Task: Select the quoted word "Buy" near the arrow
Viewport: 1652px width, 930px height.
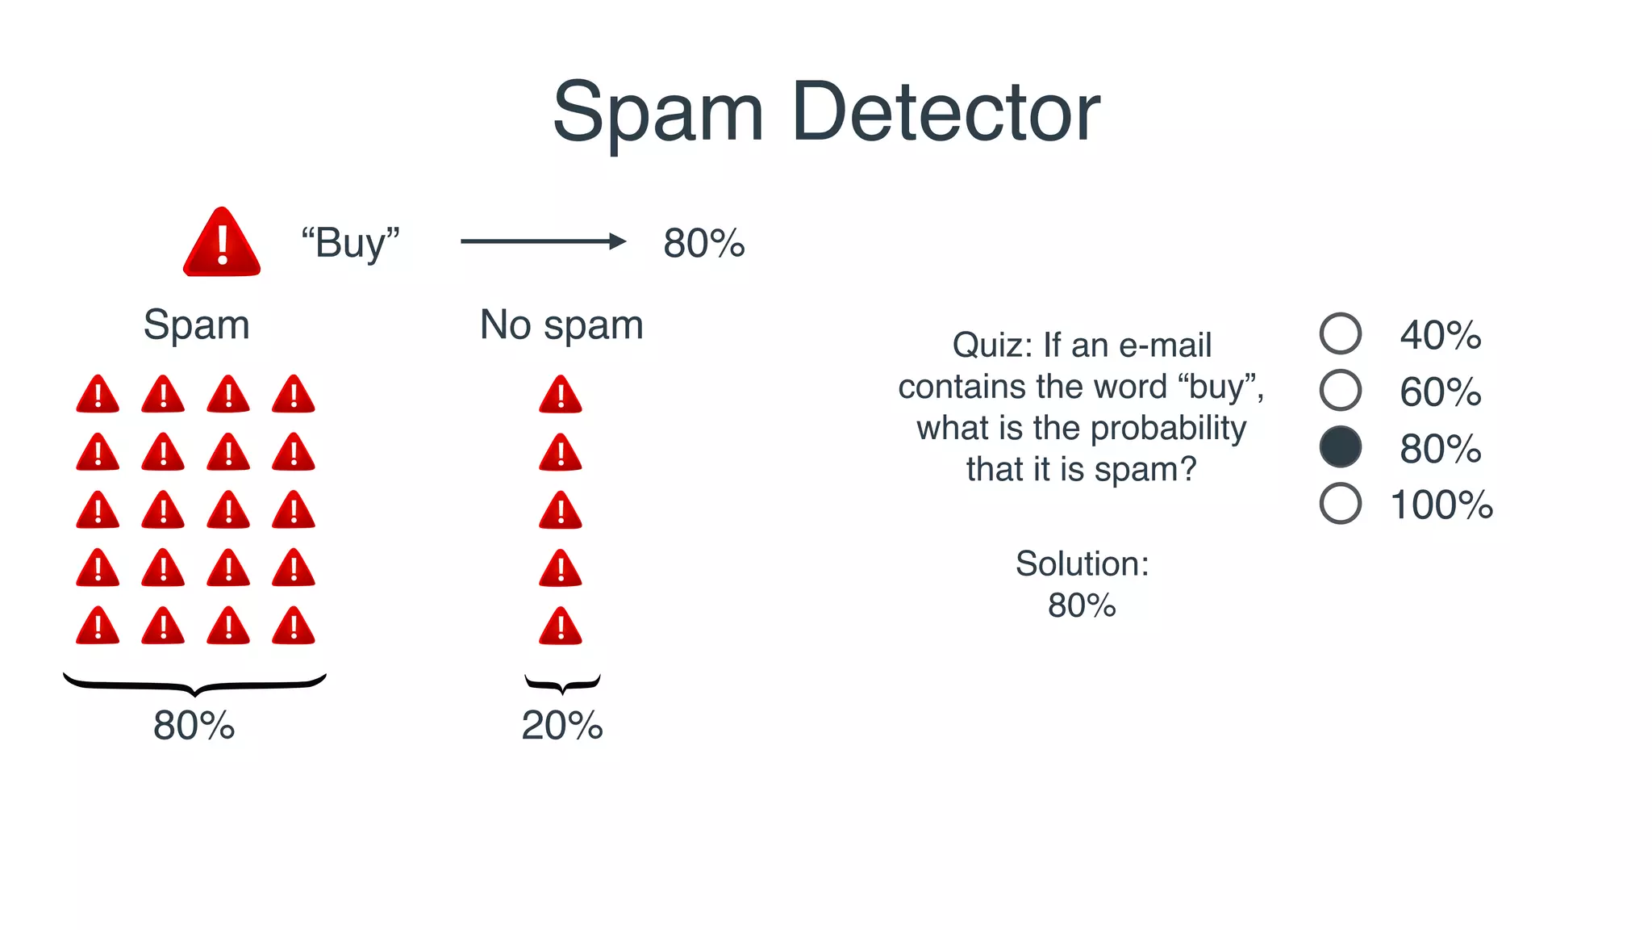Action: (x=350, y=243)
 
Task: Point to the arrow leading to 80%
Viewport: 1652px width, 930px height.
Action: (x=543, y=241)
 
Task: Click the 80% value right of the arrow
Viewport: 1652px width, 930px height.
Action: (x=703, y=243)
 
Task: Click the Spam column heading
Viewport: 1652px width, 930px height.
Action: (x=196, y=325)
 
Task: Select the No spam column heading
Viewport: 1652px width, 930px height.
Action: (x=561, y=325)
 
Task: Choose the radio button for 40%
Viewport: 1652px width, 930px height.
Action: (x=1340, y=333)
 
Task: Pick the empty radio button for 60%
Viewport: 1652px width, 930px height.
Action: (x=1340, y=390)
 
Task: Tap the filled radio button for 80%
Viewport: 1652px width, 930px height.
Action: (x=1340, y=447)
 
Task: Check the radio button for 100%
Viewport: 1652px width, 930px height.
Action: (x=1340, y=504)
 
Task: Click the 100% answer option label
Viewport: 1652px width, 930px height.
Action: (x=1441, y=505)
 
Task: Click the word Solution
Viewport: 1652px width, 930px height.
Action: (x=1081, y=563)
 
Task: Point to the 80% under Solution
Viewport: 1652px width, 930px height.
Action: (x=1081, y=605)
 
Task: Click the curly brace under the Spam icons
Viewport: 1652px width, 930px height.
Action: (x=194, y=685)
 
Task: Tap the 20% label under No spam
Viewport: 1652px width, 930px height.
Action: (x=561, y=726)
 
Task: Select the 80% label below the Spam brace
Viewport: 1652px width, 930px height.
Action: (x=194, y=726)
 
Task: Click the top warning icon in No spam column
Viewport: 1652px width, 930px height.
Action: (x=561, y=396)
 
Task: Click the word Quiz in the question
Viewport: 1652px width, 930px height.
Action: (x=991, y=346)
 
